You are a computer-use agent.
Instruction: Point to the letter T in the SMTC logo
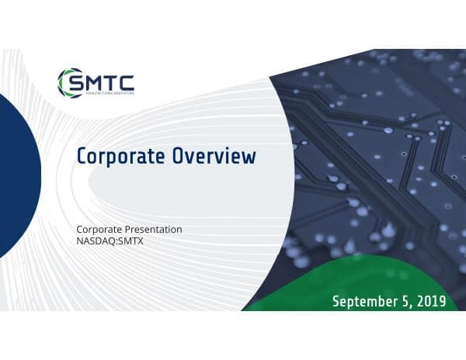coord(112,81)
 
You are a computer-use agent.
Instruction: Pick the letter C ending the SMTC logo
coord(126,81)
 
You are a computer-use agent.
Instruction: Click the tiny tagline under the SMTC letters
coord(109,92)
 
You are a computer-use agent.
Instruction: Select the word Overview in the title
coord(214,156)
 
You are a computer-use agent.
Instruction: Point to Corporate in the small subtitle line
coord(99,229)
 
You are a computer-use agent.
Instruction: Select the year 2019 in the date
coord(430,301)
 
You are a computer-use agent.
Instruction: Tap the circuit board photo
coord(373,155)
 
